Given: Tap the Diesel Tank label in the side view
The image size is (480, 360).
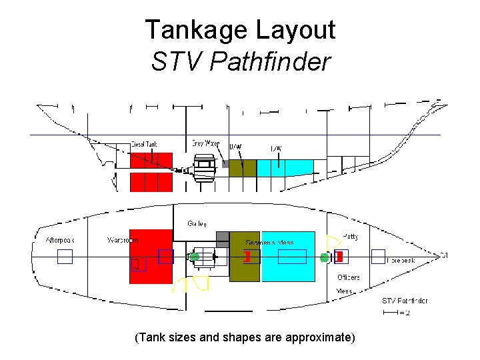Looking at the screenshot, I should [144, 144].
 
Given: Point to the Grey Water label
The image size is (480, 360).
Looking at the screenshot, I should [206, 143].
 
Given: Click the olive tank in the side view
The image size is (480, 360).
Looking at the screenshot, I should [242, 168].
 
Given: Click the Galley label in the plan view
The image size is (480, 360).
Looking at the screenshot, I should [197, 223].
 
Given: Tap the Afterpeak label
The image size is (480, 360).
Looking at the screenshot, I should [61, 240].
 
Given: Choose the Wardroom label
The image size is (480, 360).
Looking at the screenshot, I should [123, 240].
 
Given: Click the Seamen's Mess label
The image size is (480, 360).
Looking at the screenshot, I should [269, 242].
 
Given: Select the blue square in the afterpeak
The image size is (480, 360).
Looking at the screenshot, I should [65, 257].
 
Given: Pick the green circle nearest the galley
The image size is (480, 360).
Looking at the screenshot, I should [194, 257].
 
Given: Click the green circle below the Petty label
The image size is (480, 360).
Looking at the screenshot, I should [325, 257].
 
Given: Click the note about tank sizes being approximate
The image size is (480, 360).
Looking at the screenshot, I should [245, 337].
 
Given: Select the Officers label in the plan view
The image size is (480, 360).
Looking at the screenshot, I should [348, 277].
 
